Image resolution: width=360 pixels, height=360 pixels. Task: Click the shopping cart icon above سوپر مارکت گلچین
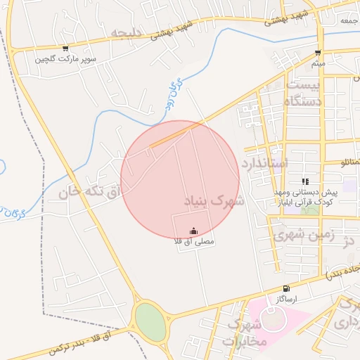(x=65, y=49)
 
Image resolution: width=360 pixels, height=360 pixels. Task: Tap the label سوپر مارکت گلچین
(x=65, y=59)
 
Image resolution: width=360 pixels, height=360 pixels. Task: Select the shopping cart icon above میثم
(x=318, y=53)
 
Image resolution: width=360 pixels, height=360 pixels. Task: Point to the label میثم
(x=318, y=63)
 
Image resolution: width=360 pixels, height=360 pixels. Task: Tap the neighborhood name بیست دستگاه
(x=304, y=94)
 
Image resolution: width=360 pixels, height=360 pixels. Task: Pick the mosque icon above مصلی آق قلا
(x=194, y=231)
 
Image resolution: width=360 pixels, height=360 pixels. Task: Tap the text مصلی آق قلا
(x=194, y=242)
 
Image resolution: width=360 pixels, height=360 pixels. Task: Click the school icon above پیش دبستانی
(x=305, y=181)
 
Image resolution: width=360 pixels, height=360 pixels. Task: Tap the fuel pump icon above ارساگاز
(x=285, y=288)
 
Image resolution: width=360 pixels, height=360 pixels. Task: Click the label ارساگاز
(x=286, y=299)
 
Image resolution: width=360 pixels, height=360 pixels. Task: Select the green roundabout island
(x=150, y=321)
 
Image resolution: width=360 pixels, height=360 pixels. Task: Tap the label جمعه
(x=349, y=21)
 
